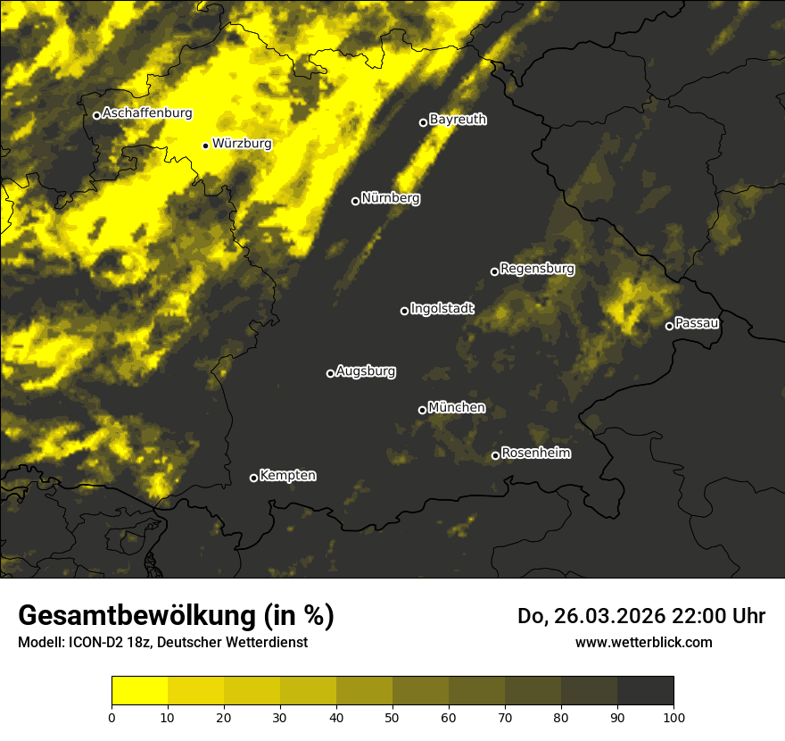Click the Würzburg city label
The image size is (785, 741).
click(x=242, y=143)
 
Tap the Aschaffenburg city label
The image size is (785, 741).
click(x=147, y=113)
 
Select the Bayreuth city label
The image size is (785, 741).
click(x=458, y=120)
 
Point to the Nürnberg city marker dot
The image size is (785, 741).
click(x=355, y=201)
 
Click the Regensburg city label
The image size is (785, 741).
click(x=537, y=268)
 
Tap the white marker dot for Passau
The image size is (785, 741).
click(x=669, y=326)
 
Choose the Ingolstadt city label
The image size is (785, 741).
click(x=442, y=309)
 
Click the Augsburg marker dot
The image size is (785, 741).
click(x=330, y=373)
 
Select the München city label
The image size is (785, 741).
click(x=457, y=407)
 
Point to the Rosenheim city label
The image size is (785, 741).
click(x=535, y=454)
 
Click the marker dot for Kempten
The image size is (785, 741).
click(x=253, y=478)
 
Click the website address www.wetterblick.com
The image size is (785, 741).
click(x=643, y=642)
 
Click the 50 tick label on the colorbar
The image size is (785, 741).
click(x=392, y=717)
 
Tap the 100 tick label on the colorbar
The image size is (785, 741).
click(x=673, y=717)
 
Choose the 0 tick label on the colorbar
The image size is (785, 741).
click(x=112, y=717)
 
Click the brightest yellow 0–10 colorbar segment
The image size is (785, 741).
click(x=139, y=691)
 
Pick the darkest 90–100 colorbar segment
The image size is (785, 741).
click(x=645, y=691)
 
